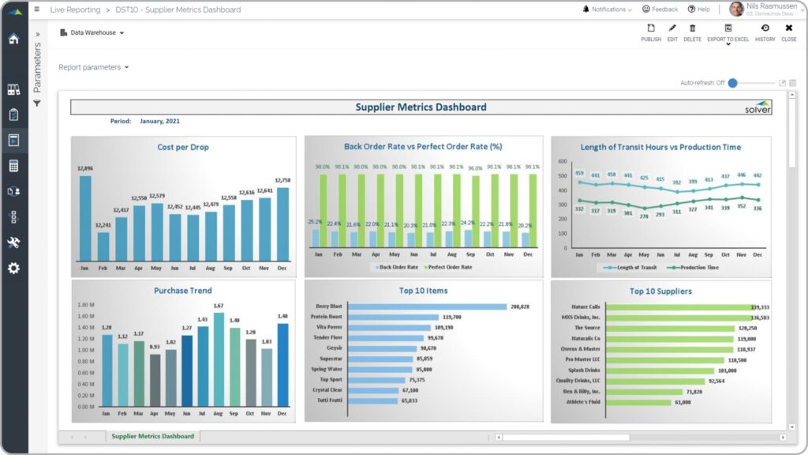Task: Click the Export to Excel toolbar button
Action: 728,32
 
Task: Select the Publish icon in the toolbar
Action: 651,32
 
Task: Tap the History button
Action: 765,32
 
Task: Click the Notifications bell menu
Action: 608,9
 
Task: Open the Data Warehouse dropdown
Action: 92,32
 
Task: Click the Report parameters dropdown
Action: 93,67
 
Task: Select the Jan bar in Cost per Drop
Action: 85,217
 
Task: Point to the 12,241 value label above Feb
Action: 103,224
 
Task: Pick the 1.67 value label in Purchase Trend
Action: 219,306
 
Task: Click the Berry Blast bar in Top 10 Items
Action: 427,306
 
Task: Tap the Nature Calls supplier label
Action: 585,306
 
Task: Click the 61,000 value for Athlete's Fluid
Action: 683,402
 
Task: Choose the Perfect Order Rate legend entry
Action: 450,267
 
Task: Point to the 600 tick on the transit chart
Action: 563,161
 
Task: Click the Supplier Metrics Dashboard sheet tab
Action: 152,436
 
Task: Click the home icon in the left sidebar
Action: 13,39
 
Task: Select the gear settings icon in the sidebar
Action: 13,268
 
